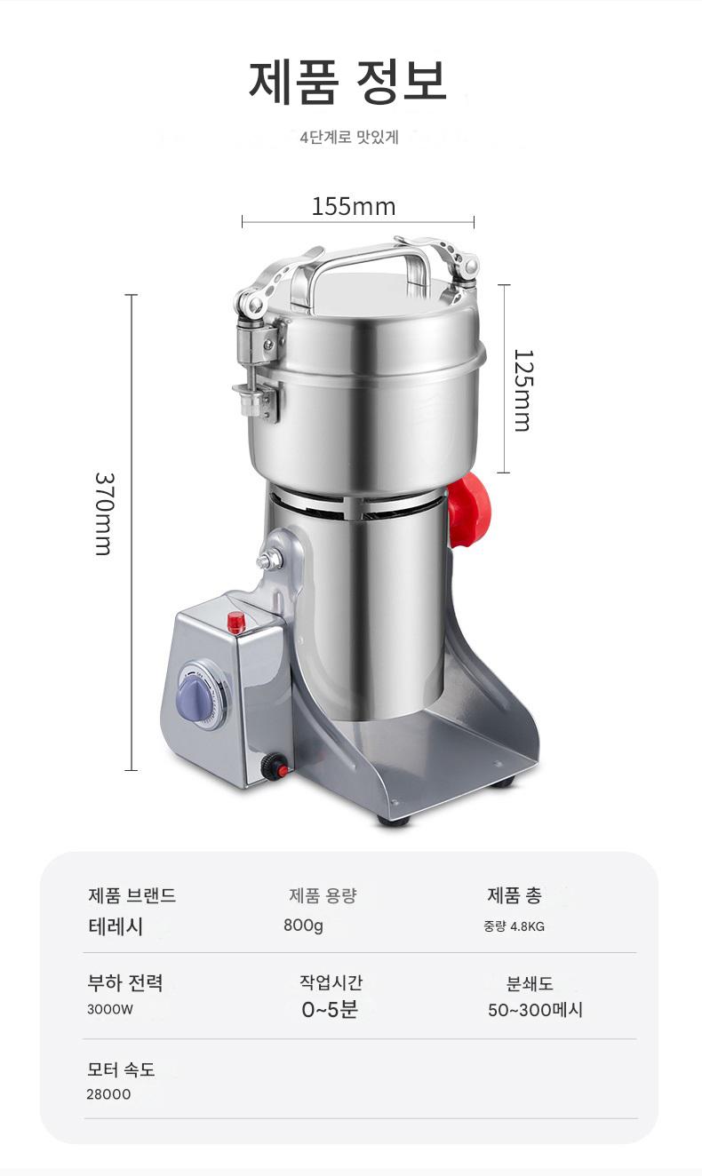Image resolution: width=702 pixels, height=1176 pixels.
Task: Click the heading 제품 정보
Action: click(x=347, y=82)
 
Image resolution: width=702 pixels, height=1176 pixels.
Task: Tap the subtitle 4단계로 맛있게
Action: click(x=349, y=138)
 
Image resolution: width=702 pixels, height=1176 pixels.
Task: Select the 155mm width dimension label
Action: click(x=354, y=206)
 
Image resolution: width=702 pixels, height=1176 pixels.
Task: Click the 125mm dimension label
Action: click(x=523, y=391)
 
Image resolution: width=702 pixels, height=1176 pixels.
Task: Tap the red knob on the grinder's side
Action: click(x=468, y=511)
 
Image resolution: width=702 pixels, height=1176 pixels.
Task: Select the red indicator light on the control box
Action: click(x=236, y=623)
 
